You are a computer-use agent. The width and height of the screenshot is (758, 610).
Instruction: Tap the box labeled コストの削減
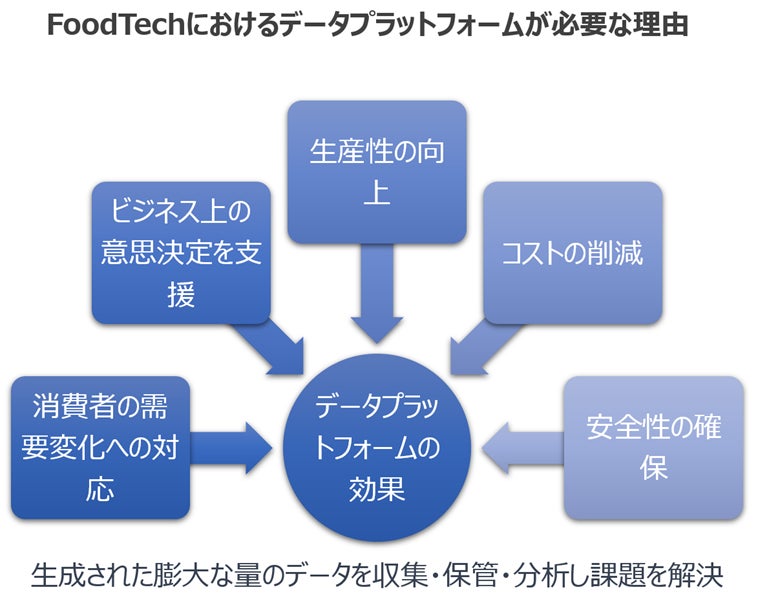[x=572, y=252]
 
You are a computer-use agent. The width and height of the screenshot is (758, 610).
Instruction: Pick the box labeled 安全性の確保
[x=653, y=447]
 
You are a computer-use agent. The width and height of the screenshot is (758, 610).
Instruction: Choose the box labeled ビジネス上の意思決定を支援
[x=181, y=252]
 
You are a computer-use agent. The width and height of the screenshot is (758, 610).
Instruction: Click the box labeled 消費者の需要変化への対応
[x=100, y=447]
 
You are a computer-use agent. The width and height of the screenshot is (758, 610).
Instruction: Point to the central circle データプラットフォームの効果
[x=377, y=447]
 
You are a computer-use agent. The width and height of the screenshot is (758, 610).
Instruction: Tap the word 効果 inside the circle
[x=376, y=489]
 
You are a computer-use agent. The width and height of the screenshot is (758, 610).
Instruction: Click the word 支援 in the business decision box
[x=181, y=295]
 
